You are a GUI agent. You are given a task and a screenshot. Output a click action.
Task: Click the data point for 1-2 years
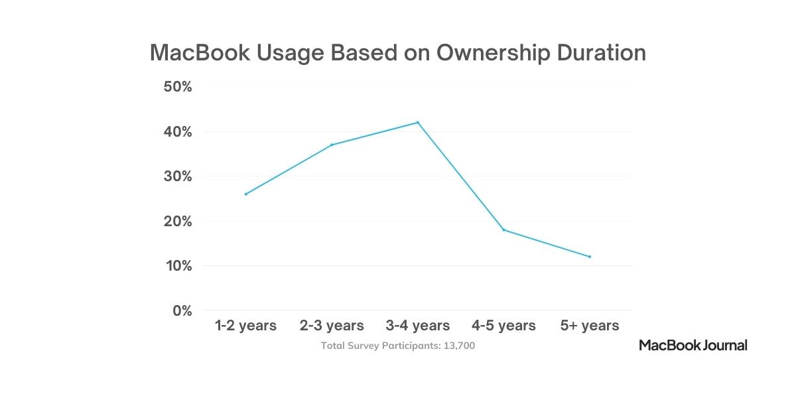coord(245,194)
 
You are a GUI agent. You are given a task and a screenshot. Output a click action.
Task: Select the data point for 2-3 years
coord(332,145)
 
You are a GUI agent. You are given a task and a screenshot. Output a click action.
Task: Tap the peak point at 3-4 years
coord(418,122)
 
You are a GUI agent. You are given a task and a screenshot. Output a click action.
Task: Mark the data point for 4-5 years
coord(503,230)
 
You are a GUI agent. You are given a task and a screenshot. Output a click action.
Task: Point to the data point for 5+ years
coord(590,257)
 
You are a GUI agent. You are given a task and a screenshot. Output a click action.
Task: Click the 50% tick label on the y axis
coord(178,88)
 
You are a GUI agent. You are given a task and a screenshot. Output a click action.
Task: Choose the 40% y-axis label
coord(178,132)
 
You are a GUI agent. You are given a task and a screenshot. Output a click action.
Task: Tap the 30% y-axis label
coord(178,177)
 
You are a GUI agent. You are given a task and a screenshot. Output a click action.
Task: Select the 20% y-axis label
coord(178,222)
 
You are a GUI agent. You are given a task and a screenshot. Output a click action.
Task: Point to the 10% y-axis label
coord(178,266)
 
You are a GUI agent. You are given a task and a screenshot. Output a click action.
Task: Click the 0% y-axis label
coord(181,311)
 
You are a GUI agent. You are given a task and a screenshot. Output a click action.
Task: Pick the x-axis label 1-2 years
coord(245,326)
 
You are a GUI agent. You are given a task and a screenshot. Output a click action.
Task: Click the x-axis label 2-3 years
coord(332,326)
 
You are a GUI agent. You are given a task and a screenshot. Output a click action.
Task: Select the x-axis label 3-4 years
coord(418,326)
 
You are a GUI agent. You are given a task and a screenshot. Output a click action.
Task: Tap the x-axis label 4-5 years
coord(503,326)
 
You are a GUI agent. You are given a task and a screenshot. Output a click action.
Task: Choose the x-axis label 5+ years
coord(590,326)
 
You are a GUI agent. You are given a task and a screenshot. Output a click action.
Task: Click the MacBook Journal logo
coord(693,345)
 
